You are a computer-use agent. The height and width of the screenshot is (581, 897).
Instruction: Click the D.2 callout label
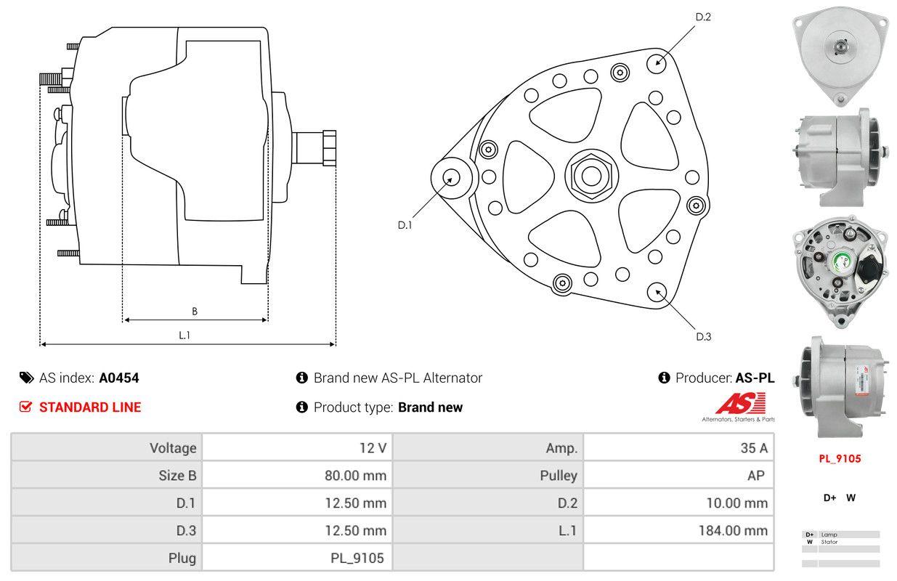702,17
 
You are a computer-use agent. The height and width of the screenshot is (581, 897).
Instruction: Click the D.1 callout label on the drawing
405,225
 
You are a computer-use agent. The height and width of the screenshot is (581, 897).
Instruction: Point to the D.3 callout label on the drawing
703,336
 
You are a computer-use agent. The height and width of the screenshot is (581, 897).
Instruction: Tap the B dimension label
195,312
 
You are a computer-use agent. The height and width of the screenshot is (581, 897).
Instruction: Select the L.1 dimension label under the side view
184,335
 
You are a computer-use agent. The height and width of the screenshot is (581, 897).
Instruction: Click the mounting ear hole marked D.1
452,177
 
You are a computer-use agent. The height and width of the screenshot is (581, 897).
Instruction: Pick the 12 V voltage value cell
373,448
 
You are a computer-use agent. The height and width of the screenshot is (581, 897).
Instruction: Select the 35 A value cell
754,448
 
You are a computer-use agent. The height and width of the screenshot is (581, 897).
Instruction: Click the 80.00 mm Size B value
355,476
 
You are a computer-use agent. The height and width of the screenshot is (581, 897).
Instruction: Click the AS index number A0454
119,378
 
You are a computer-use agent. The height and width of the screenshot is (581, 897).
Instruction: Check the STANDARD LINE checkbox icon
26,407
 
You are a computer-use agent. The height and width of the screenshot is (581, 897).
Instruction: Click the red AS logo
739,403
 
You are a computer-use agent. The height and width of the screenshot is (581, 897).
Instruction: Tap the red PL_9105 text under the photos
840,459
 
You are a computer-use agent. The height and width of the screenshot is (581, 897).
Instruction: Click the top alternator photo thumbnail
840,55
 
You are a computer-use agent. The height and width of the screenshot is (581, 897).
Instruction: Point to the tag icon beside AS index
26,378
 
